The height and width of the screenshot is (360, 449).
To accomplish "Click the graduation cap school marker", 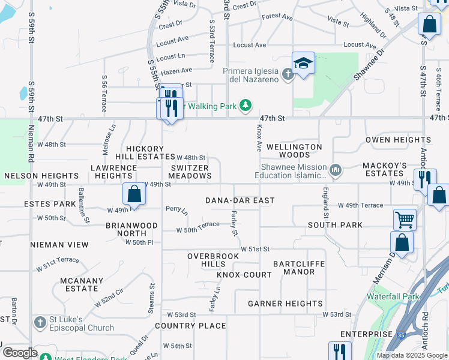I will [304, 63].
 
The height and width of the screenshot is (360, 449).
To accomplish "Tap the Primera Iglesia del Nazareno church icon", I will [288, 74].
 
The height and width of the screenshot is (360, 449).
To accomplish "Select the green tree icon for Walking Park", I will [245, 106].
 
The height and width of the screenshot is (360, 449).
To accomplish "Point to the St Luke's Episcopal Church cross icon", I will [40, 322].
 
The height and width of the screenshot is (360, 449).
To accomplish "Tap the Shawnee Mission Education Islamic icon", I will [336, 171].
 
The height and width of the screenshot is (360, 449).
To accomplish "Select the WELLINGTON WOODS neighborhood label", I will [294, 151].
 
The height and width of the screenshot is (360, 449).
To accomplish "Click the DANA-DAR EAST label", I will [240, 200].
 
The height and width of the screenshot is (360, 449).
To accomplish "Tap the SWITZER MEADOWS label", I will [190, 172].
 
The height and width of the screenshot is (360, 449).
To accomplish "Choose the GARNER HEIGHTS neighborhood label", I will [285, 304].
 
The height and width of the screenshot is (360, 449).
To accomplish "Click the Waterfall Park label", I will [393, 296].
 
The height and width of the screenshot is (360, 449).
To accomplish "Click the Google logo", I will [19, 353].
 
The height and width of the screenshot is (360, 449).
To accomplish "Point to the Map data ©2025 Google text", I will [411, 355].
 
